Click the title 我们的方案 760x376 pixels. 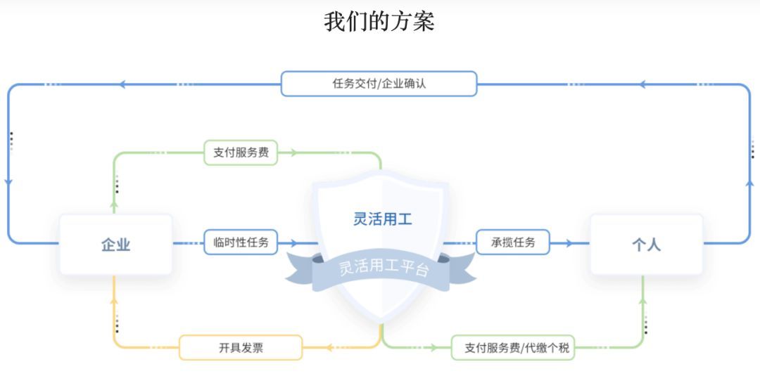(x=379, y=22)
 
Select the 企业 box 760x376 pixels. (x=116, y=245)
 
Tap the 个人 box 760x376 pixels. (x=647, y=245)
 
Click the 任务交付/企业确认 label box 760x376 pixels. (x=379, y=84)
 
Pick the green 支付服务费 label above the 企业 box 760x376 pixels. (x=241, y=153)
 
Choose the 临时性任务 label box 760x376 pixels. (x=241, y=242)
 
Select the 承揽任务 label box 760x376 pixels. (x=513, y=242)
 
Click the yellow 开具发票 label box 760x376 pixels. (x=241, y=347)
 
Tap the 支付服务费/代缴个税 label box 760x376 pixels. (x=513, y=347)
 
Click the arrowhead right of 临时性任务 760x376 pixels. (x=293, y=242)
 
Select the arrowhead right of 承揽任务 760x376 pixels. (x=569, y=242)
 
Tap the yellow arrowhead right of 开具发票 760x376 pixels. (x=329, y=347)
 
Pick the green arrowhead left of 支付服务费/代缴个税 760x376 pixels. (x=433, y=347)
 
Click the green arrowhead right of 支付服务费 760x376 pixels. (x=293, y=153)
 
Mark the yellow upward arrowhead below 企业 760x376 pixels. (x=115, y=301)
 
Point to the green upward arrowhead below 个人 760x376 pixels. (x=643, y=301)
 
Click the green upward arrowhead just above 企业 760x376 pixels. (x=115, y=205)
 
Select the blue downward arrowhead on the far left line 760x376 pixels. (x=8, y=182)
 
